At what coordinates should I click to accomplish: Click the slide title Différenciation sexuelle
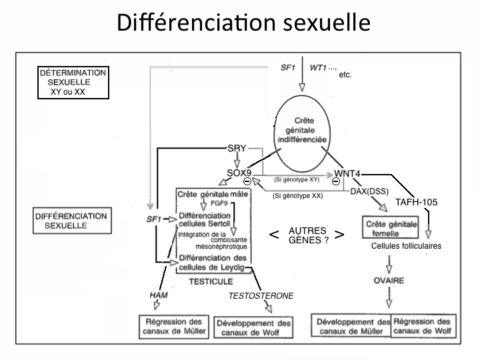(243, 22)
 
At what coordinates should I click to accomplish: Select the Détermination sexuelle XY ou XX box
(73, 82)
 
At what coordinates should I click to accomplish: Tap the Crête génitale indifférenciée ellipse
(301, 132)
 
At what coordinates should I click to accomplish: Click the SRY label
(238, 148)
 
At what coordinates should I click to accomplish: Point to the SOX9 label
(239, 173)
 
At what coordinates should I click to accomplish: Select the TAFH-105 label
(415, 203)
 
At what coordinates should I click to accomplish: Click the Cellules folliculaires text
(406, 246)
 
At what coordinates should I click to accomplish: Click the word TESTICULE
(205, 281)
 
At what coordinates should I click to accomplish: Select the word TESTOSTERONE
(261, 295)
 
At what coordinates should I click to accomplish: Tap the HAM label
(157, 295)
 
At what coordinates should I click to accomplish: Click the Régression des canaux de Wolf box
(423, 325)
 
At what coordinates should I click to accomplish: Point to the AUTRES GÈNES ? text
(307, 235)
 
